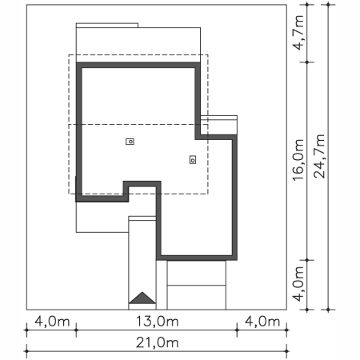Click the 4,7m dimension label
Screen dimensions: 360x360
[298, 33]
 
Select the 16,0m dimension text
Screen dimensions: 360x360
[298, 160]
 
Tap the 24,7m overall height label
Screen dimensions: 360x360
[319, 156]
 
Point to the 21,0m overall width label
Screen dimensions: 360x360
[158, 342]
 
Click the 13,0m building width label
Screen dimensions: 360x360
[158, 322]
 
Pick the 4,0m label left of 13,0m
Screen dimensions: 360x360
[52, 322]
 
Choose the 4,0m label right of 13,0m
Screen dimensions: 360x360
[262, 322]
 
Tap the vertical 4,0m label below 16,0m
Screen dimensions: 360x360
[298, 284]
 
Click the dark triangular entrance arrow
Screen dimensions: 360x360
[142, 298]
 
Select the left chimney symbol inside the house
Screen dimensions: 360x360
[130, 142]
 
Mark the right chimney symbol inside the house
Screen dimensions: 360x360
[193, 160]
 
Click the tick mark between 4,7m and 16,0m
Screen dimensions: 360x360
[307, 62]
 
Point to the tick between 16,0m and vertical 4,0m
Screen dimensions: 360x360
[307, 260]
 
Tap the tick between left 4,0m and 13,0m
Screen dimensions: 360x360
[76, 330]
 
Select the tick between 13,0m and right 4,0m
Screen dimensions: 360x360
[237, 330]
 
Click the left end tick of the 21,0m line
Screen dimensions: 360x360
[26, 351]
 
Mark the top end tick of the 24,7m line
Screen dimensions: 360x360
[328, 4]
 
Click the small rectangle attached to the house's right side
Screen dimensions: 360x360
[218, 126]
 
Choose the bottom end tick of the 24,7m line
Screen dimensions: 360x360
[328, 310]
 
